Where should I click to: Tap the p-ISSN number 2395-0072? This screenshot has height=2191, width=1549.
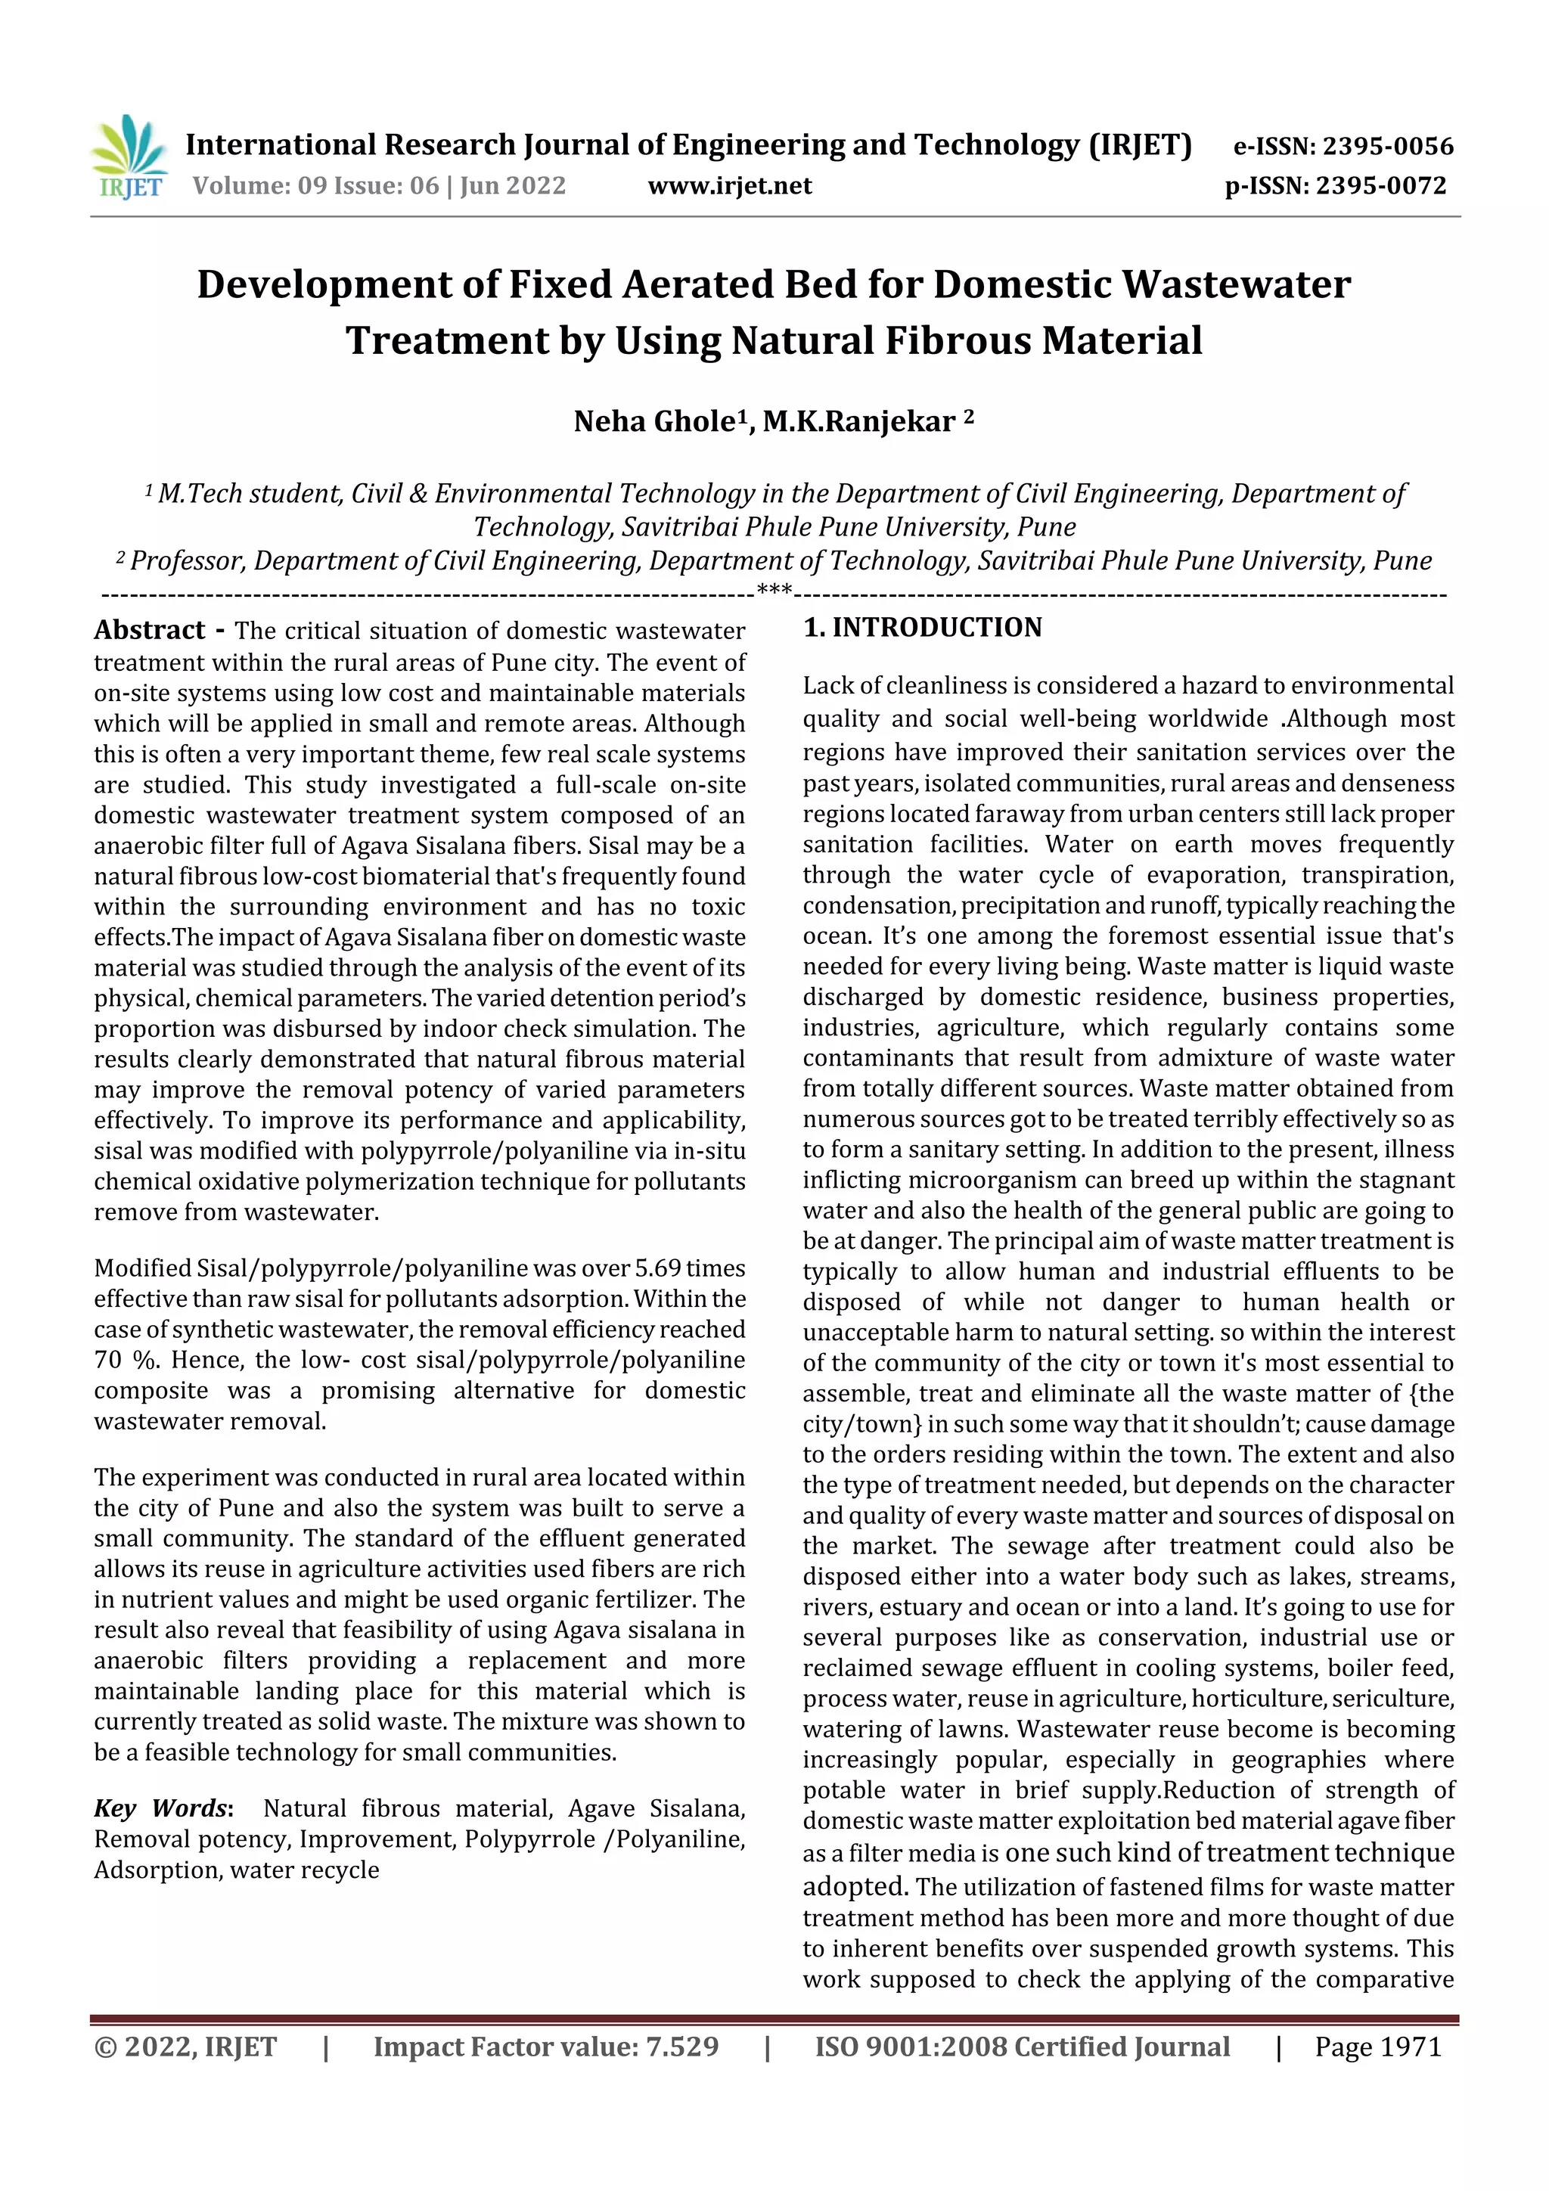[1380, 186]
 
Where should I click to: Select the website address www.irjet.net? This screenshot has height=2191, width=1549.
[729, 186]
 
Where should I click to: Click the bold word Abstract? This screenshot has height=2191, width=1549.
[150, 630]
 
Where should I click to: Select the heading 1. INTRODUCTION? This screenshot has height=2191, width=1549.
[922, 627]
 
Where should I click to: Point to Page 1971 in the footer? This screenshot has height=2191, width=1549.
[1377, 2047]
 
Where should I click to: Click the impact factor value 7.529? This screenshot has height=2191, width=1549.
[681, 2047]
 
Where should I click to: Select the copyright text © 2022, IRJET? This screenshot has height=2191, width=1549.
[185, 2047]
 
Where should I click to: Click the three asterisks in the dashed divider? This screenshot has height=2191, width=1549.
[774, 591]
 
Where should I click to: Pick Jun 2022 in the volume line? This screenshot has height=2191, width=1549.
[514, 186]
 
